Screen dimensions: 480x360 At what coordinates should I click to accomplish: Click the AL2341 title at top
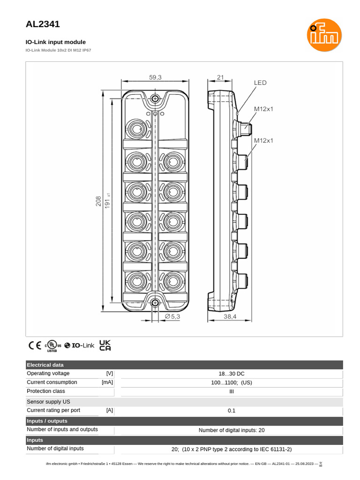click(x=43, y=24)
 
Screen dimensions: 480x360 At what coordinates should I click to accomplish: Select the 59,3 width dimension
click(x=156, y=77)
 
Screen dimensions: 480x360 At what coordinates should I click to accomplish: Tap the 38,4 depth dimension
click(x=230, y=316)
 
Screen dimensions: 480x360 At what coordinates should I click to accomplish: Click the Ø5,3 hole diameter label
click(x=172, y=316)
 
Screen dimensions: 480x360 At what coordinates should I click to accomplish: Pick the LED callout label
click(x=260, y=83)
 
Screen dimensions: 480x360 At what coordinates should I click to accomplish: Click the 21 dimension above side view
click(x=221, y=77)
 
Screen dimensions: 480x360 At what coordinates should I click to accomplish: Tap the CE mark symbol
click(x=35, y=345)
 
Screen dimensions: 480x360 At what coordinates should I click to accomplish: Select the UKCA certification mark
click(x=105, y=345)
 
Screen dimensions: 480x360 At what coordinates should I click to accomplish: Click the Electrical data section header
click(x=45, y=365)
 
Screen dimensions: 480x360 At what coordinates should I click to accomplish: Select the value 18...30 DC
click(x=231, y=374)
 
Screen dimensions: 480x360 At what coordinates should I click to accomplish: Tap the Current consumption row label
click(x=52, y=382)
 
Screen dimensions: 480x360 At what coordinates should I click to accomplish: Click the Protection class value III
click(x=231, y=391)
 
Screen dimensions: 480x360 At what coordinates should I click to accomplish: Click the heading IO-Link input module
click(x=56, y=42)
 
